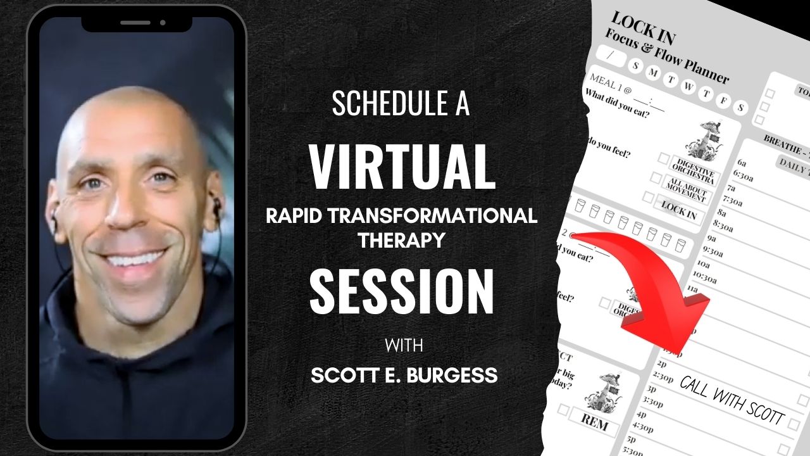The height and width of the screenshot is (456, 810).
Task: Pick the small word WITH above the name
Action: point(402,348)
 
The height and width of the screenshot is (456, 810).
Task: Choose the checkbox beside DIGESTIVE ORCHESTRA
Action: point(663,158)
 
